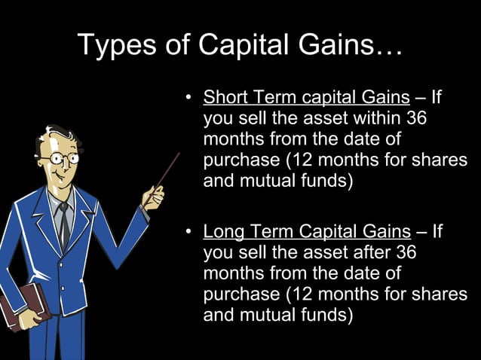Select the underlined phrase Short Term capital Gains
[x=306, y=98]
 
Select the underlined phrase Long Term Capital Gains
[x=307, y=231]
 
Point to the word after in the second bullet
[x=376, y=252]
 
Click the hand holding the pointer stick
[x=153, y=198]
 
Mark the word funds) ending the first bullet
[x=323, y=182]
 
